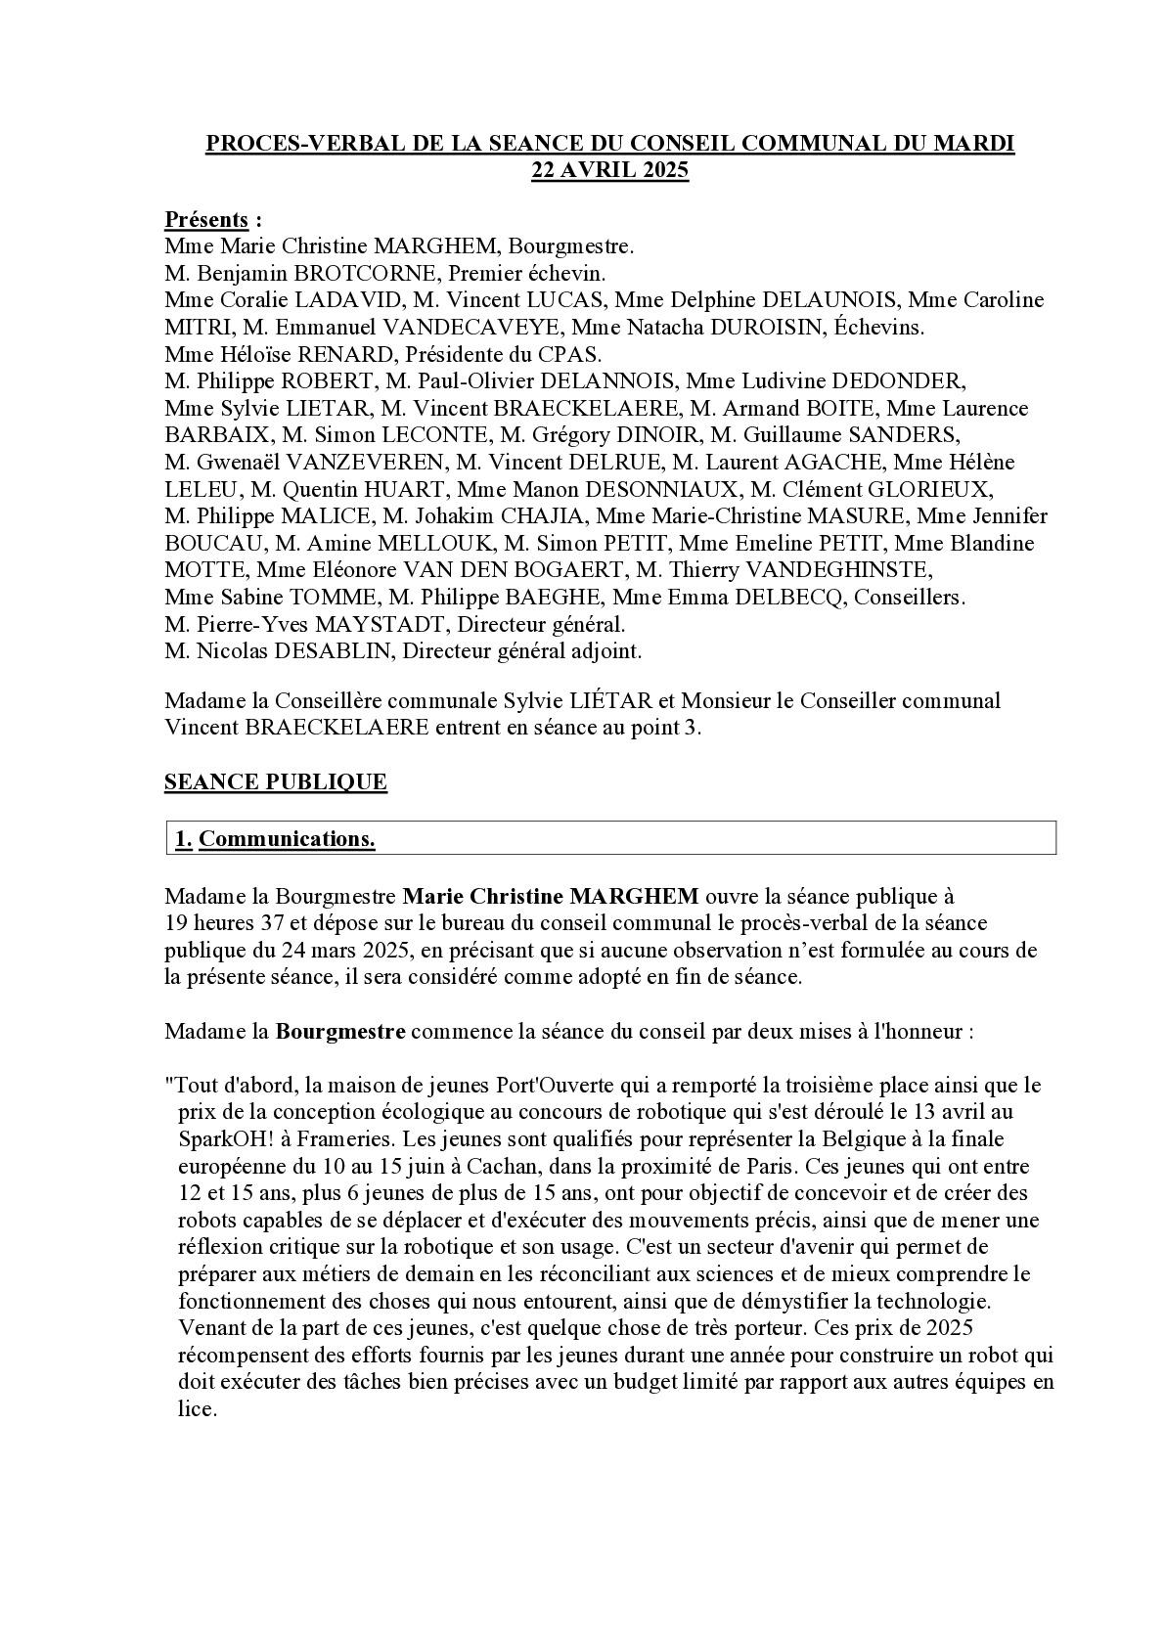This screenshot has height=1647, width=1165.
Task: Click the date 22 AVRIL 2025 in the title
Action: [x=609, y=170]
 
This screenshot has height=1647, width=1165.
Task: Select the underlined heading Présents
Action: [x=205, y=219]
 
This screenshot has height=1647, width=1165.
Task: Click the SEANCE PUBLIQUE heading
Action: [x=276, y=782]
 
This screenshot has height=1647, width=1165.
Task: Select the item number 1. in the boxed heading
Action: [x=183, y=839]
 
